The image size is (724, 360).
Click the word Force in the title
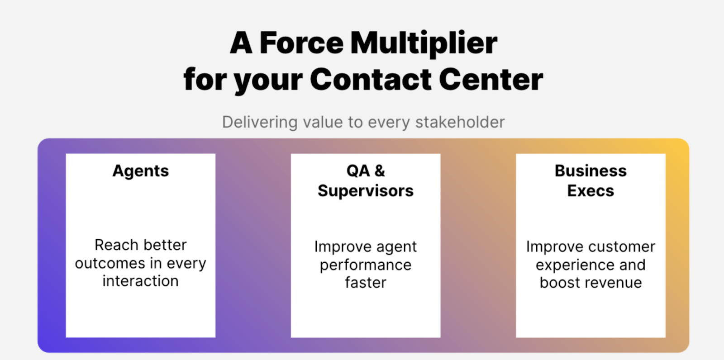click(301, 43)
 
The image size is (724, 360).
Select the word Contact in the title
click(371, 79)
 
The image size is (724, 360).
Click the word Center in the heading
click(491, 79)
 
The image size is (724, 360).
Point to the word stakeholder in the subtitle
click(460, 122)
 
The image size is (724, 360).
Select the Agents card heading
click(141, 171)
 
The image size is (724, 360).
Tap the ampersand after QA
click(380, 171)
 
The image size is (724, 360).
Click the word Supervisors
click(366, 191)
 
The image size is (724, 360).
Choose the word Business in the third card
click(591, 171)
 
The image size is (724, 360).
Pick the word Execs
click(591, 191)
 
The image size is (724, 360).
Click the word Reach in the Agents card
click(111, 245)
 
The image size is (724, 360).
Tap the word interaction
click(141, 281)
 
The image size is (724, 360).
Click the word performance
click(366, 265)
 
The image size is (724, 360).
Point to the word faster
click(366, 283)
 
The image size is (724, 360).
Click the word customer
click(623, 247)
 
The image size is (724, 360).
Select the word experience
click(575, 265)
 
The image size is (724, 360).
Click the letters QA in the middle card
click(358, 171)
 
